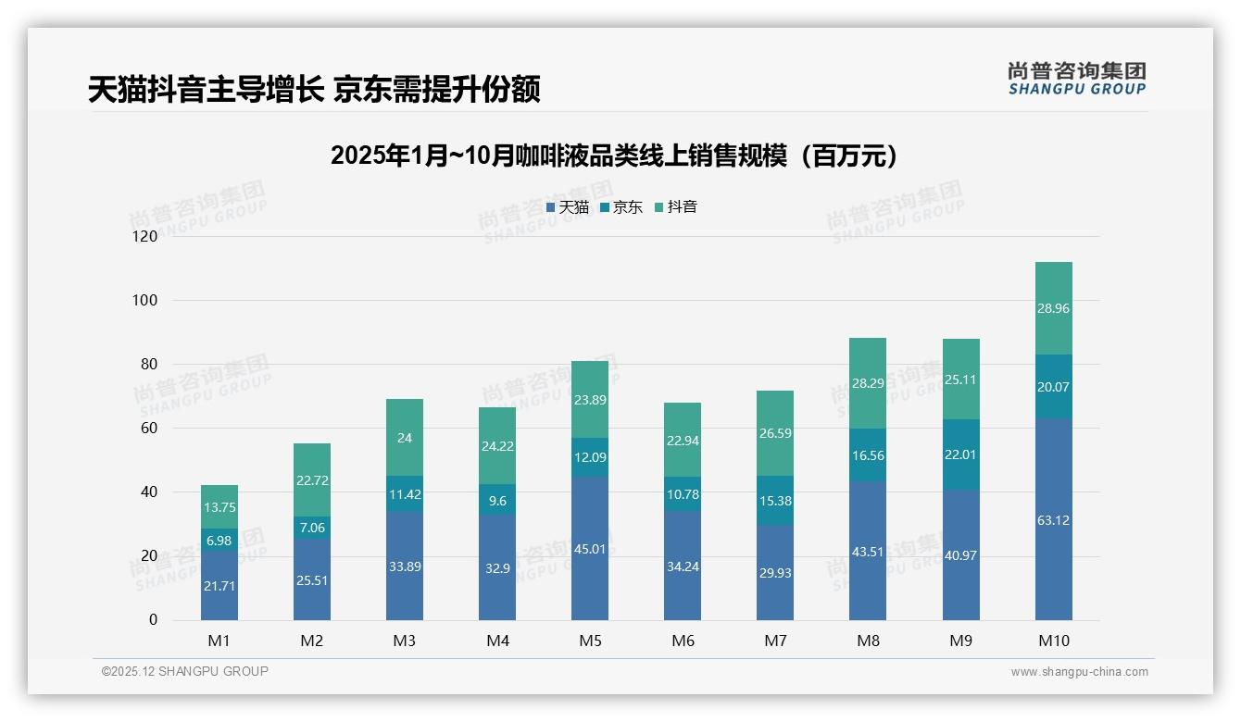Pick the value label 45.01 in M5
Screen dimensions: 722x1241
click(x=590, y=549)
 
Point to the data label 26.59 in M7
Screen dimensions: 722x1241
click(x=775, y=433)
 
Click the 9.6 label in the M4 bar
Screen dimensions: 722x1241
click(x=497, y=501)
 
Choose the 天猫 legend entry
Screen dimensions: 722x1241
click(x=568, y=207)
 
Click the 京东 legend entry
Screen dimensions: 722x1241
click(x=621, y=207)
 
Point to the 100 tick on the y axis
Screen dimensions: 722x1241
click(x=146, y=301)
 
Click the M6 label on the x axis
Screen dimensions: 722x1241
click(x=683, y=641)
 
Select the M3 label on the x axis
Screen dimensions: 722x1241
click(x=405, y=641)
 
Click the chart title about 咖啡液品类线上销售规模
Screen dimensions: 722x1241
click(x=613, y=156)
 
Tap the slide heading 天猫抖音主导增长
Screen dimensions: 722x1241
click(x=314, y=89)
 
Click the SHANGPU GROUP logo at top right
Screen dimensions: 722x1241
click(x=1076, y=78)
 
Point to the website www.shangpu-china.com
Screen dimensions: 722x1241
click(x=1079, y=672)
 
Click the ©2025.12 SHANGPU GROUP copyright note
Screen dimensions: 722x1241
click(x=185, y=672)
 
